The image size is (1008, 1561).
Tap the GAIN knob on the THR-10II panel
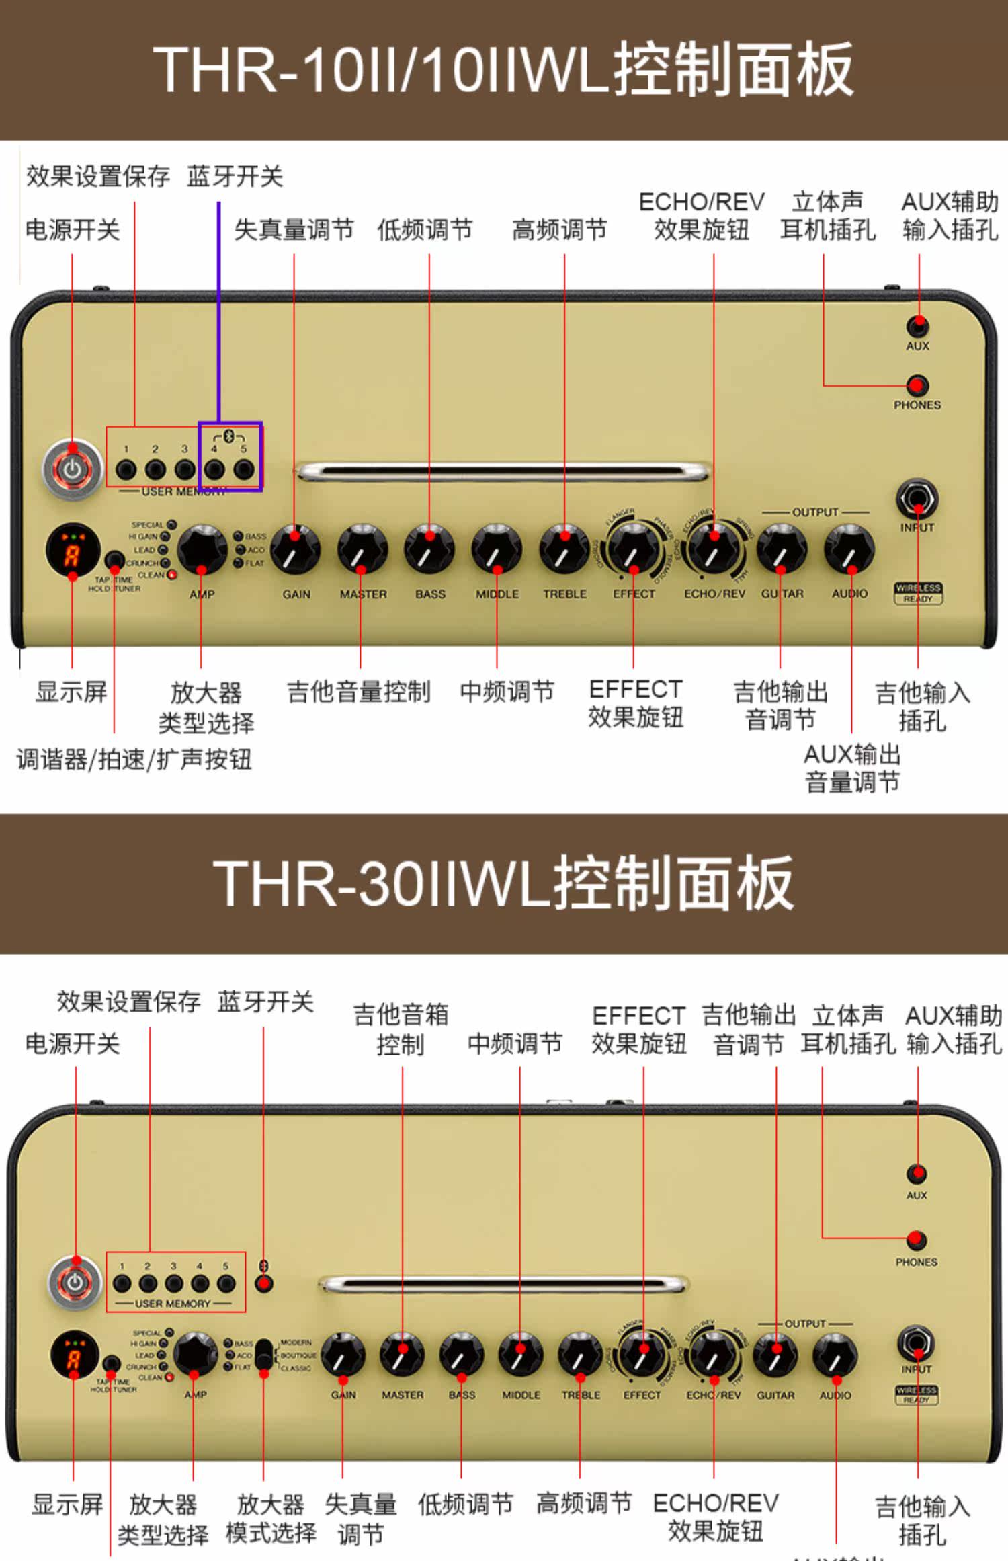296,550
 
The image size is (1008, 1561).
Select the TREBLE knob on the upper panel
564,550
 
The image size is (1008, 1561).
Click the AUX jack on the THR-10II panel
917,327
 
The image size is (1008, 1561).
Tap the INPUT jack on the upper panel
917,499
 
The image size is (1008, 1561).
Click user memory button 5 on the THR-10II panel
243,469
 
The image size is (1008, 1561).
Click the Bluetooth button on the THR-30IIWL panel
264,1284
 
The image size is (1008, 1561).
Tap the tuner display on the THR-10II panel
73,551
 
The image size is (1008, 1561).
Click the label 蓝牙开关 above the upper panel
235,176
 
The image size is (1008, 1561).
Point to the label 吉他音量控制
358,692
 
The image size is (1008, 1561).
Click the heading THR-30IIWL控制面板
503,883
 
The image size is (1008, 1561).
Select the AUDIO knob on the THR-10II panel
849,550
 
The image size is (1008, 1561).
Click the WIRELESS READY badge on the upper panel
918,593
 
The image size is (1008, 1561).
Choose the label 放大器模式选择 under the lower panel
271,1518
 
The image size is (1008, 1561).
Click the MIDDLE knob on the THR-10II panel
497,550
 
